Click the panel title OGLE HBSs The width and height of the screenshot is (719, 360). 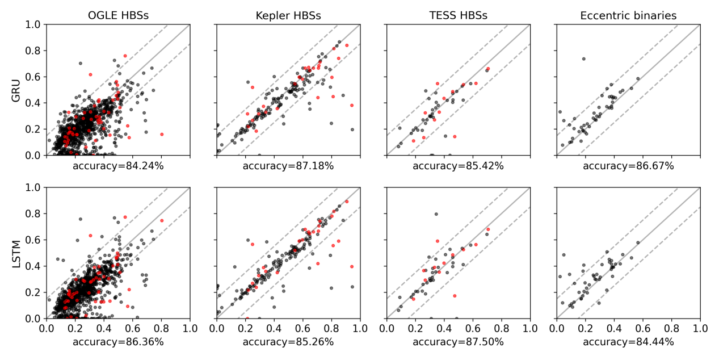click(118, 15)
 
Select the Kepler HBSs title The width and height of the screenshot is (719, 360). click(288, 15)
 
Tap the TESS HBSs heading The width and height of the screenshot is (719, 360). click(458, 15)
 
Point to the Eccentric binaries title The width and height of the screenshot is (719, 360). click(628, 15)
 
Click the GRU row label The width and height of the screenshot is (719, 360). click(16, 90)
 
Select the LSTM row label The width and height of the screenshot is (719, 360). click(16, 253)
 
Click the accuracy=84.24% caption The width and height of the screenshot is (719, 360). click(118, 166)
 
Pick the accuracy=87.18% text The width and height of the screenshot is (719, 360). click(288, 166)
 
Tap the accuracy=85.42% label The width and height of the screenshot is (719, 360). click(458, 166)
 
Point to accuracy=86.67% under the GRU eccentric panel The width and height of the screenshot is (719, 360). click(628, 166)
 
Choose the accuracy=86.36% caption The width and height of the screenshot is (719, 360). click(118, 342)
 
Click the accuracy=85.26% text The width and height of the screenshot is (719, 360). click(288, 342)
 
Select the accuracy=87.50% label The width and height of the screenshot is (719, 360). click(458, 342)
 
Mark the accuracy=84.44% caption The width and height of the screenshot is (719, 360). click(628, 342)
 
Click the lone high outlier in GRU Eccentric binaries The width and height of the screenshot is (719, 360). click(583, 58)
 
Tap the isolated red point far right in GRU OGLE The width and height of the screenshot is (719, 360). click(162, 135)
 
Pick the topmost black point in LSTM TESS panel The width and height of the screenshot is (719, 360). click(436, 214)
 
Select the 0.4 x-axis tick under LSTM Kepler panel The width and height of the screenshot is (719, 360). click(274, 328)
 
